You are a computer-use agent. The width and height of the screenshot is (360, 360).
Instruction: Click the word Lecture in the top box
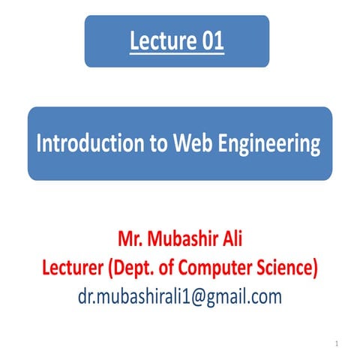point(160,42)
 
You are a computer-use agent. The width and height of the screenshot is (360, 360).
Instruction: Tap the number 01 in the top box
point(209,42)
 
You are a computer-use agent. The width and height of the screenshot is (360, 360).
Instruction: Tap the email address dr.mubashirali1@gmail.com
point(180,296)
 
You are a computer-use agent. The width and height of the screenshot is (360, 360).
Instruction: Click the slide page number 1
point(338,343)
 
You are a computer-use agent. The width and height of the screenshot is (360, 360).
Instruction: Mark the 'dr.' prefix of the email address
point(88,296)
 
